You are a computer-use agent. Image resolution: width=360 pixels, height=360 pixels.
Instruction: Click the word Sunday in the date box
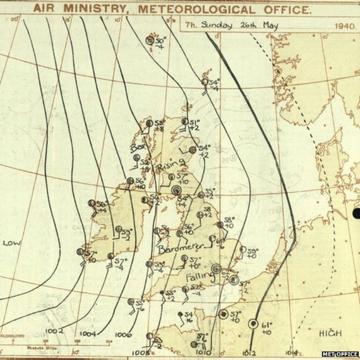(x=224, y=25)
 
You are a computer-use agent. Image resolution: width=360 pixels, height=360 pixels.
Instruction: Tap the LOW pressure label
(x=12, y=243)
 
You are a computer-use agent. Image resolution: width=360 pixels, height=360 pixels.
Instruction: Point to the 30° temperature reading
(x=160, y=39)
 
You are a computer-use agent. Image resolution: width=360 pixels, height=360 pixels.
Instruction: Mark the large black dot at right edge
(x=356, y=215)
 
